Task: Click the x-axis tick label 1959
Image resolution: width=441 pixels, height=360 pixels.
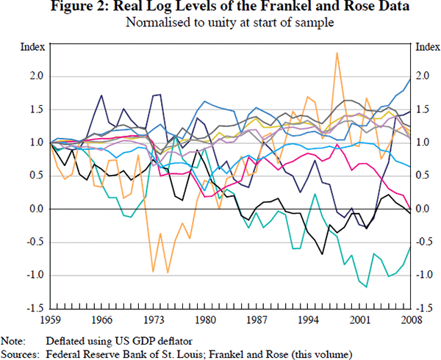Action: (51, 320)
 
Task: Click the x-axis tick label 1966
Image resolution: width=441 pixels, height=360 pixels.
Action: (102, 320)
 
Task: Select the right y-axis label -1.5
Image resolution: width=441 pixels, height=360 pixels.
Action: (423, 308)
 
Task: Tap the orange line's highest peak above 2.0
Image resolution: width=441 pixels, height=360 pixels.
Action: (337, 53)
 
